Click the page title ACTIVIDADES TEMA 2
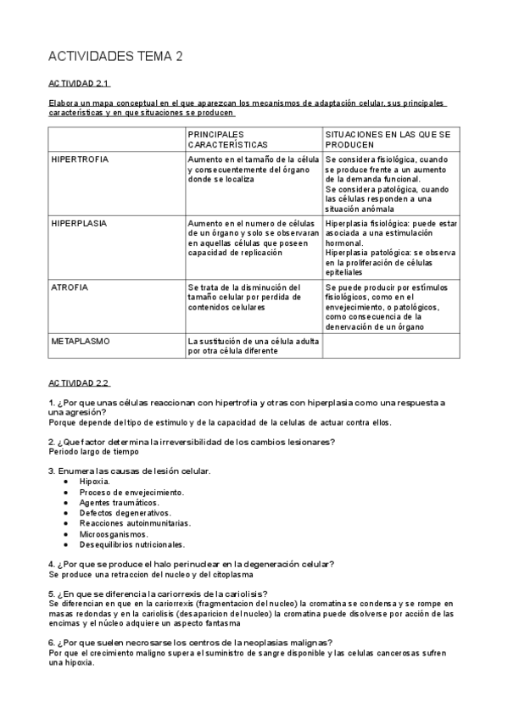[116, 57]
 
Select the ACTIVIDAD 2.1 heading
[79, 84]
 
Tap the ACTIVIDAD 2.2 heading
[79, 382]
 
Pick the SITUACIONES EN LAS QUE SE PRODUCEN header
[387, 139]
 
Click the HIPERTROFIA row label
[81, 159]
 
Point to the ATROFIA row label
[70, 287]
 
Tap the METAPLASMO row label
[80, 341]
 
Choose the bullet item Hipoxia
[95, 481]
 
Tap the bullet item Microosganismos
[114, 534]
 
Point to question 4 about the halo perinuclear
[191, 564]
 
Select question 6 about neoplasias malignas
[190, 642]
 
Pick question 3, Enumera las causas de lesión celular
[130, 471]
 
